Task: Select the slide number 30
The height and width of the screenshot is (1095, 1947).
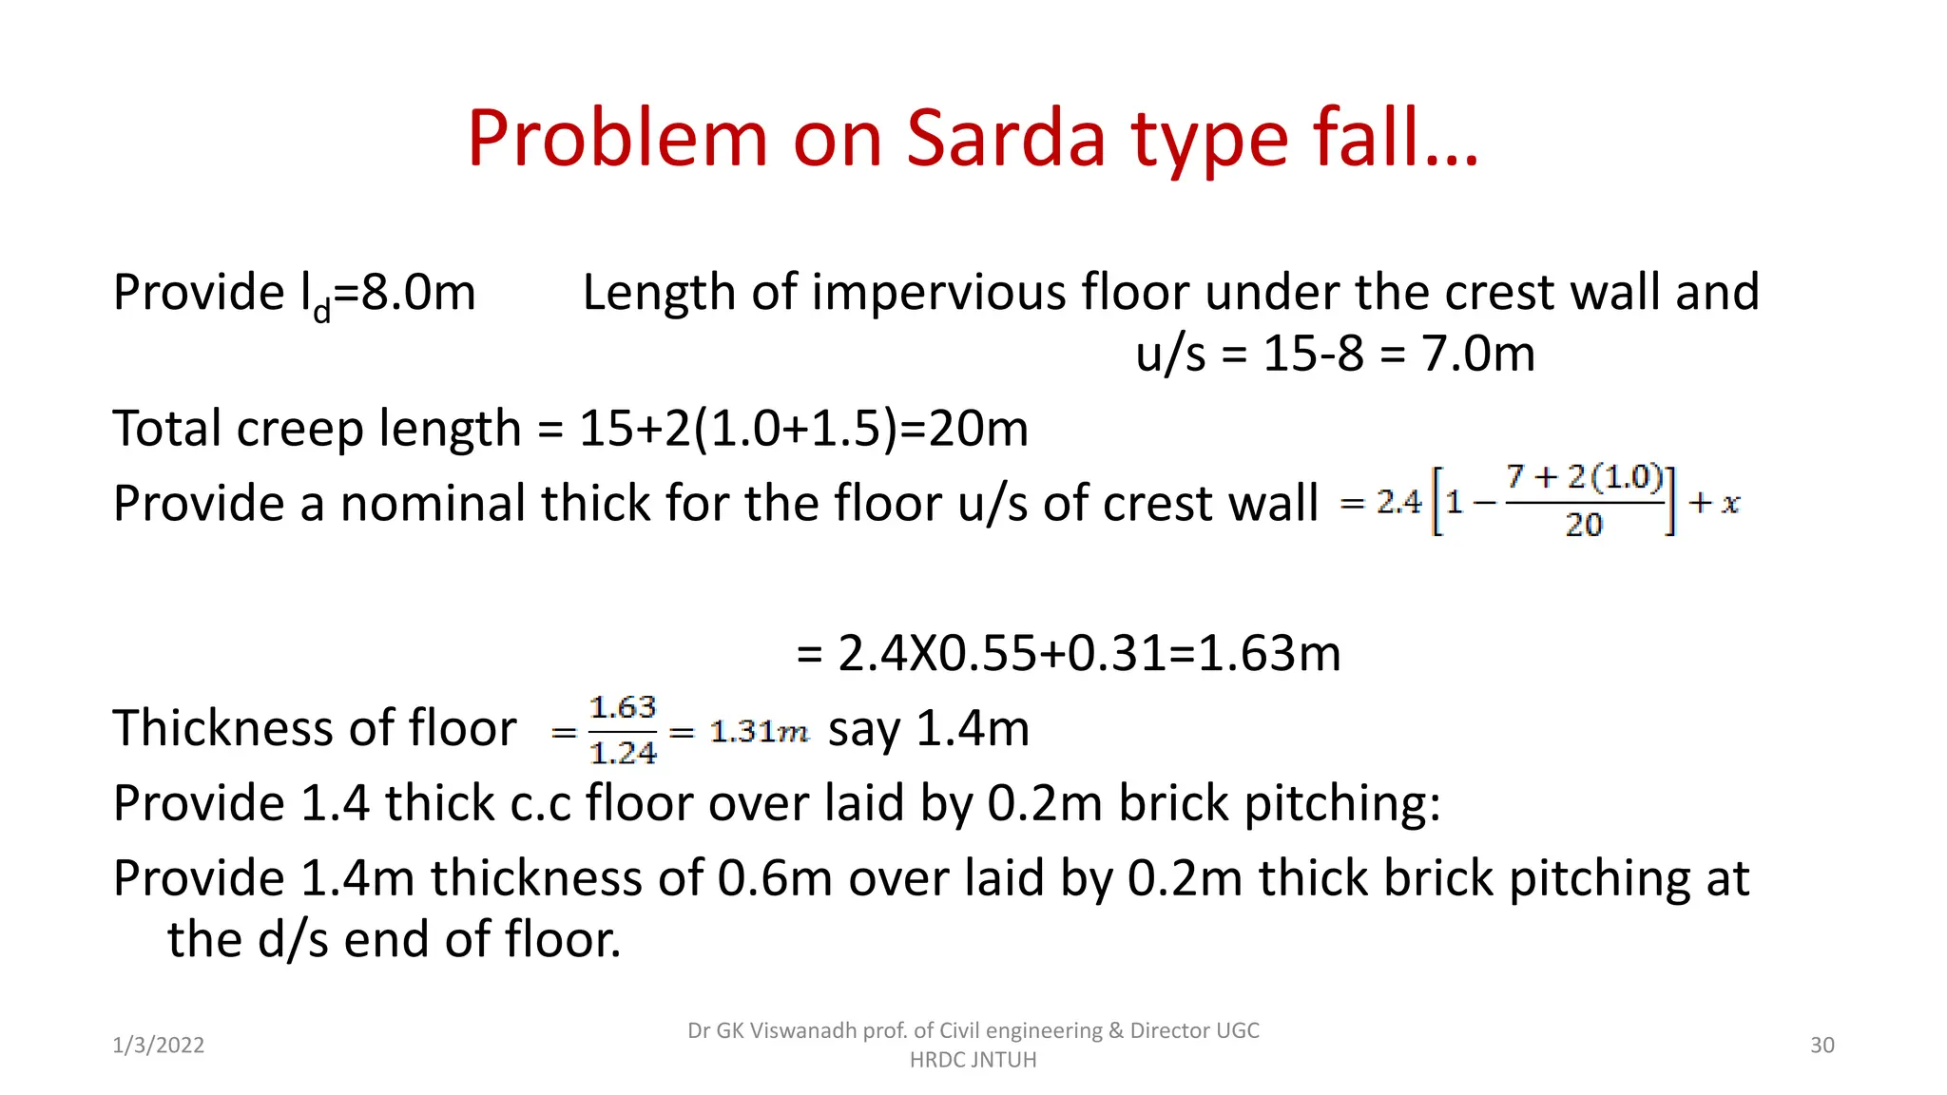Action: [1822, 1045]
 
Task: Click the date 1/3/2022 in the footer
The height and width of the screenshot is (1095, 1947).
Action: [158, 1045]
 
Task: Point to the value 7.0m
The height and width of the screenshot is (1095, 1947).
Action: [1478, 354]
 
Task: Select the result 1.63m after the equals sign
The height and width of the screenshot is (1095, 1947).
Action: [1269, 653]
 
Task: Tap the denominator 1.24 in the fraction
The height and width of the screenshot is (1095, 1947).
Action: [623, 753]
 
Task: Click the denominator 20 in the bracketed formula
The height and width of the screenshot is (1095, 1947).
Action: [1584, 524]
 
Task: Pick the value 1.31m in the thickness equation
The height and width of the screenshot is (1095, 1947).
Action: [759, 731]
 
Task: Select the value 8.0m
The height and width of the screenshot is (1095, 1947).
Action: [418, 292]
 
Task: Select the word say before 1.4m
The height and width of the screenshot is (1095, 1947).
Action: [864, 730]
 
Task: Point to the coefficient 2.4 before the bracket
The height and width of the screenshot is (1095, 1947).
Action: [1398, 502]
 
